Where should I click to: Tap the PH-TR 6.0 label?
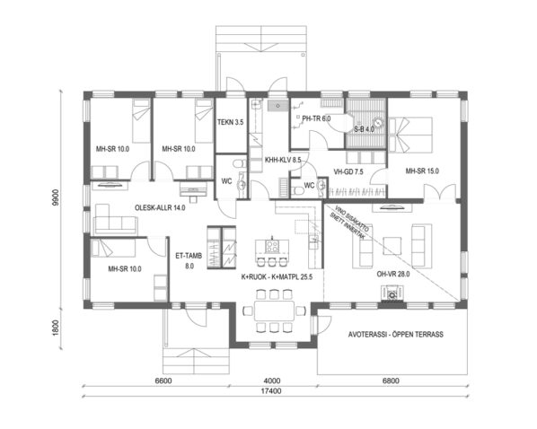(x=316, y=118)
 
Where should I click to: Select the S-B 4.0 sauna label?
(x=365, y=130)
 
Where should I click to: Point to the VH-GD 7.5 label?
(x=347, y=171)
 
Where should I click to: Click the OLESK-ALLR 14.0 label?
(x=159, y=207)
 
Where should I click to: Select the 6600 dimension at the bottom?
(x=163, y=381)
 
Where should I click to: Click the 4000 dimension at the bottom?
(x=270, y=381)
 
